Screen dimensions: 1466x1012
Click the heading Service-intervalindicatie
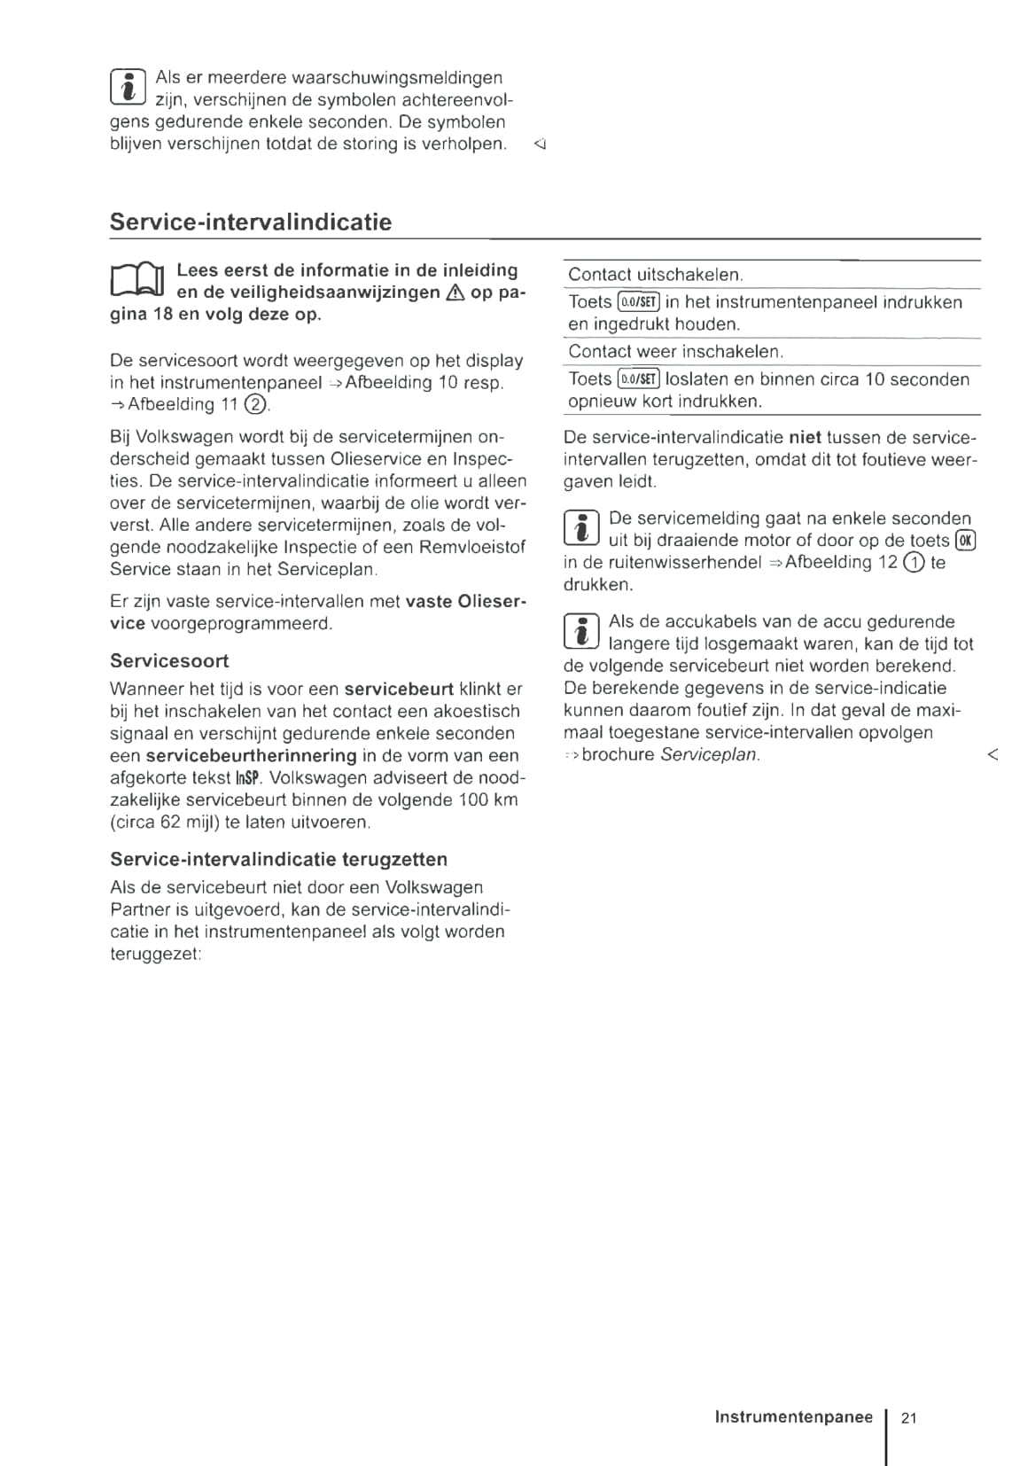pyautogui.click(x=250, y=222)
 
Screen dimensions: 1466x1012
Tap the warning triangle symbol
pyautogui.click(x=455, y=293)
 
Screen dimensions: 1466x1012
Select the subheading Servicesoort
pyautogui.click(x=169, y=660)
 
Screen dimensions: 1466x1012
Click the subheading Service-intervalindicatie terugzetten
pyautogui.click(x=278, y=859)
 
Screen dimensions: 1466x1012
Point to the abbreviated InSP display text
pyautogui.click(x=247, y=778)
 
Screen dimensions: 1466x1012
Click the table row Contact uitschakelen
pyautogui.click(x=655, y=275)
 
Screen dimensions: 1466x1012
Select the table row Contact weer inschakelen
pyautogui.click(x=675, y=352)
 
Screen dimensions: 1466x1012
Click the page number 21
pyautogui.click(x=908, y=1418)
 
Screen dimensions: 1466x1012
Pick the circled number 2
pyautogui.click(x=254, y=405)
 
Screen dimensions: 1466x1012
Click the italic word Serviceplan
pyautogui.click(x=709, y=755)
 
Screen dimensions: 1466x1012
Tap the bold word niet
pyautogui.click(x=805, y=437)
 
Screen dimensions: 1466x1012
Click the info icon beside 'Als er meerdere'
pyautogui.click(x=128, y=87)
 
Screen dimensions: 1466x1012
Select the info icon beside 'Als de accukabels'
pyautogui.click(x=582, y=630)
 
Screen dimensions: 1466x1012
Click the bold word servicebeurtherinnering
pyautogui.click(x=251, y=756)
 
